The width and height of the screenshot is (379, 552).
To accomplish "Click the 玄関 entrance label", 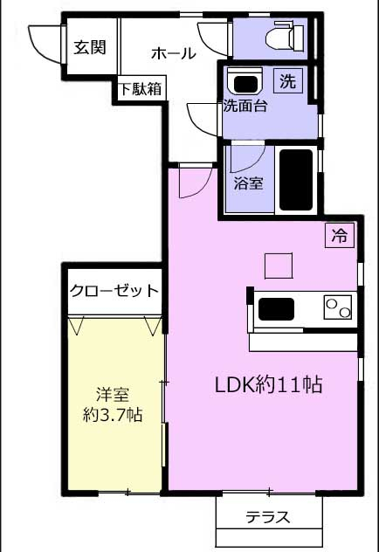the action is (90, 47).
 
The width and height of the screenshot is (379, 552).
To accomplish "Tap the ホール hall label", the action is (173, 53).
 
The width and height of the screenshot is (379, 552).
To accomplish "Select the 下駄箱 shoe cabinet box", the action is (141, 88).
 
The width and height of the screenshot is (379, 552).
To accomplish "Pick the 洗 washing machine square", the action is (288, 81).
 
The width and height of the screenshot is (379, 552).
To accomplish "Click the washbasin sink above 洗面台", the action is (245, 83).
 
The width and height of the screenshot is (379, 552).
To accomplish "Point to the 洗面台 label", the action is (245, 106).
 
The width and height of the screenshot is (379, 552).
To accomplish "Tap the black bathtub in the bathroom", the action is (296, 180).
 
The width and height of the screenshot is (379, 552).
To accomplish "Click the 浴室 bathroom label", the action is (248, 183).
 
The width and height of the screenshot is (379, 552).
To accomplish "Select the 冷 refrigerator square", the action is (339, 235).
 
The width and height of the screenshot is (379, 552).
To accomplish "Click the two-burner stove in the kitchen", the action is (338, 307).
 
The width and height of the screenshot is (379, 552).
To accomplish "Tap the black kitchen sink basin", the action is (276, 308).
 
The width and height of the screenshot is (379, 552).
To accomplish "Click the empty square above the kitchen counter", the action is (279, 266).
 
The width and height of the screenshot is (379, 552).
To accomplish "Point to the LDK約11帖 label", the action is (268, 384).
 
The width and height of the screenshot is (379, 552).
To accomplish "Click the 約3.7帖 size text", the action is (113, 415).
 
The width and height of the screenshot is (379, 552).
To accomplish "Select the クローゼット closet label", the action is (114, 291).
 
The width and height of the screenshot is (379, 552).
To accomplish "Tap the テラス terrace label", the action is (268, 517).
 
